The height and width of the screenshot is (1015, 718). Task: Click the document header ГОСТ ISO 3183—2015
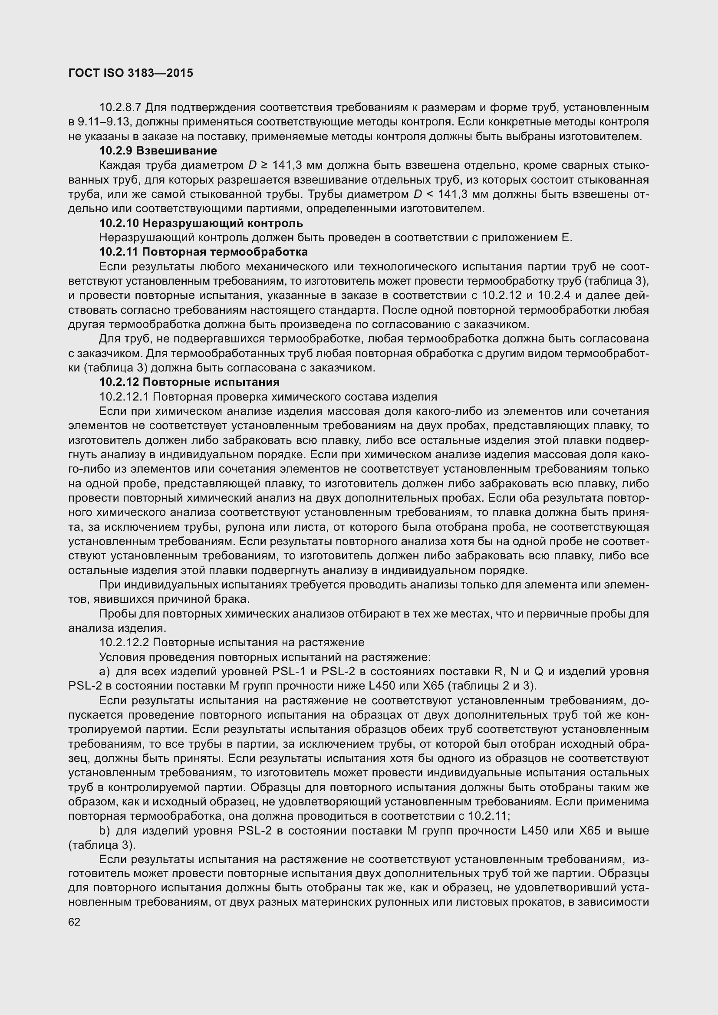coord(131,73)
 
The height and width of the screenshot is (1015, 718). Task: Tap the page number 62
coord(74,922)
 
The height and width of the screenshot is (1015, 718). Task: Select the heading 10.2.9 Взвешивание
coord(158,151)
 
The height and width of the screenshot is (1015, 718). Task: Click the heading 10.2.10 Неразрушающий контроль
coord(201,223)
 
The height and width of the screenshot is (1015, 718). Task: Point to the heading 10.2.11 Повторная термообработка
coord(203,252)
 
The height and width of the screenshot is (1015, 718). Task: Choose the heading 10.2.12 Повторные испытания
coord(189,381)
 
